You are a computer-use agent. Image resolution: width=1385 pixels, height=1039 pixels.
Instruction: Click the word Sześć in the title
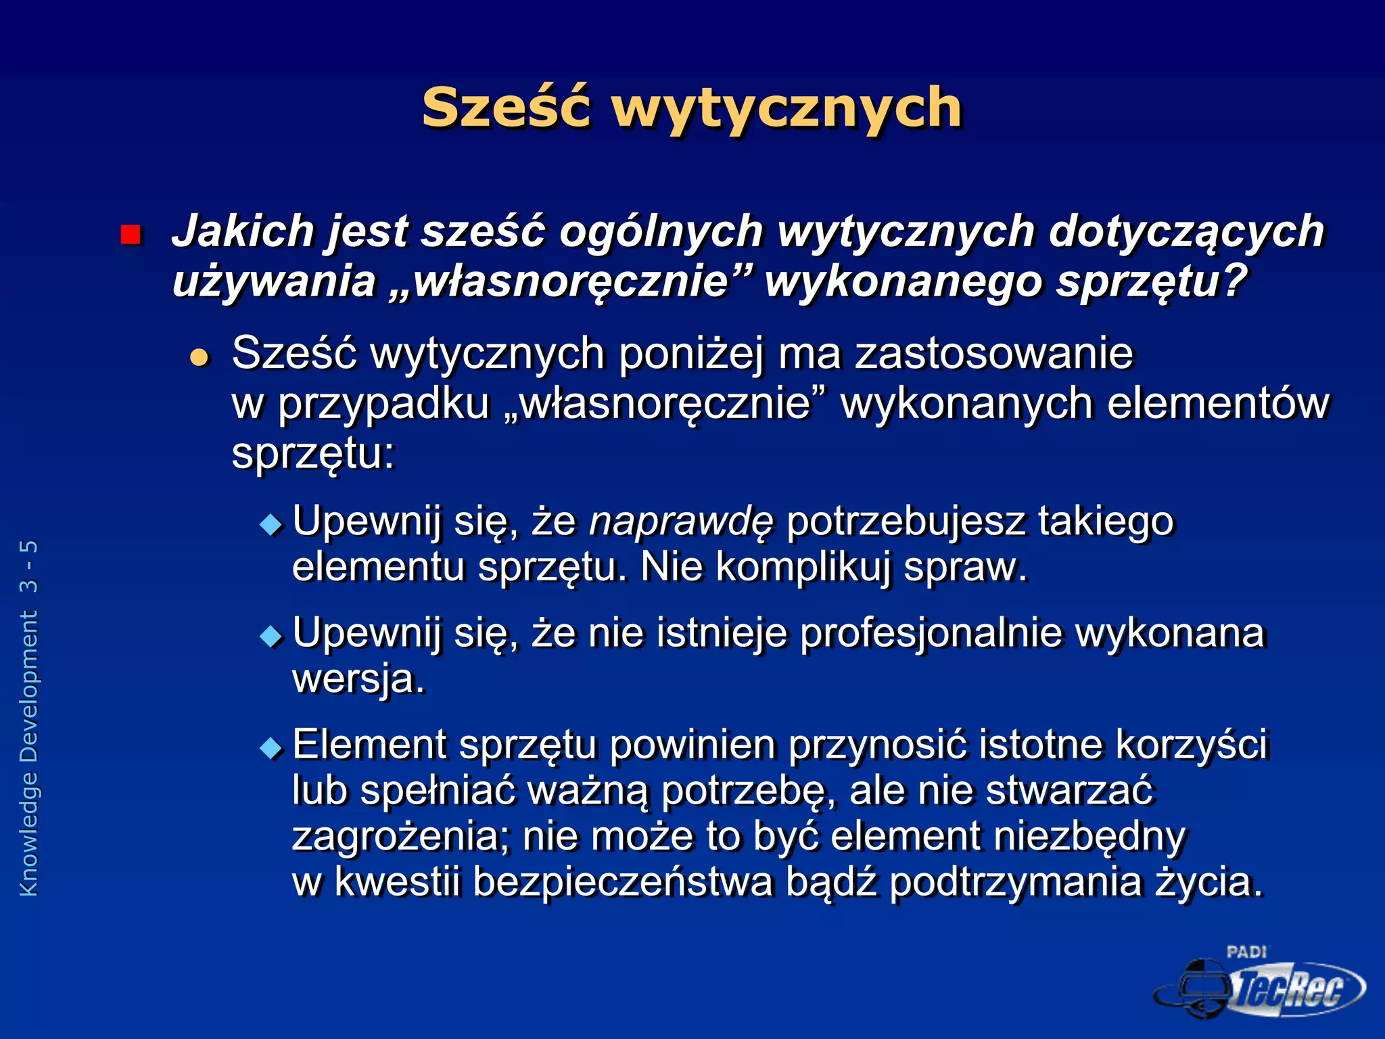(x=506, y=108)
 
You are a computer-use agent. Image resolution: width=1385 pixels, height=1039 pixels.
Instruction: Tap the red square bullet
(x=130, y=235)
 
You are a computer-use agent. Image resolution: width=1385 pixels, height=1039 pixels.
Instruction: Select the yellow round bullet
(x=199, y=356)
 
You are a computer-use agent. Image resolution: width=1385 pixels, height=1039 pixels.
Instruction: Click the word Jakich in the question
(x=243, y=231)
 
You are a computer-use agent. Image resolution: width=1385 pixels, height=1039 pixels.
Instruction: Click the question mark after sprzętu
(x=1235, y=280)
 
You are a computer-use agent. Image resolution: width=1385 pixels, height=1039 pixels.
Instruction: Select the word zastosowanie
(x=993, y=353)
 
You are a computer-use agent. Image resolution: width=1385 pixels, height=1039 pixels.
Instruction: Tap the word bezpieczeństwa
(x=622, y=882)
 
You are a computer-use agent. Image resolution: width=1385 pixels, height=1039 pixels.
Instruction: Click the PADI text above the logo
(x=1246, y=952)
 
